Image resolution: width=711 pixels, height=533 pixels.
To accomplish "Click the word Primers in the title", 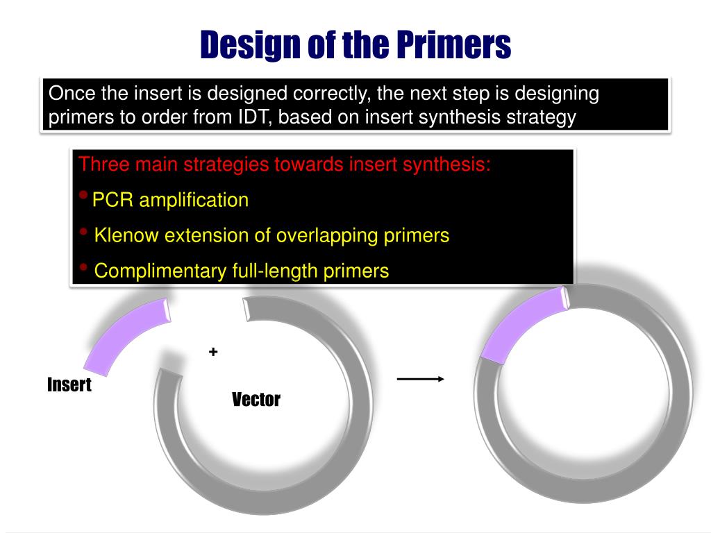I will (454, 44).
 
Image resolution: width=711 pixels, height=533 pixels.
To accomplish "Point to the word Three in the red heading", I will (103, 165).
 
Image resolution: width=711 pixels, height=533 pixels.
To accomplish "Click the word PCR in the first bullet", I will (112, 201).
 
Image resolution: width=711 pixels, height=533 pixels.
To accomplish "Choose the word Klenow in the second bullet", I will (126, 235).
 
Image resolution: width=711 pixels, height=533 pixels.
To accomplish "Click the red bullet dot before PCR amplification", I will (83, 196).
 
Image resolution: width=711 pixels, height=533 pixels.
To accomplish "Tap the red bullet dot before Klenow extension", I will (83, 232).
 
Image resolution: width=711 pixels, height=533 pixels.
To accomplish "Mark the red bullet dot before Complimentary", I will (83, 267).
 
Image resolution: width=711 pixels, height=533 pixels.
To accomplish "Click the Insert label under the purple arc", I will (69, 384).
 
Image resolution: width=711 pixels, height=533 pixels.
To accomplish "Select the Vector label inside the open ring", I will (256, 399).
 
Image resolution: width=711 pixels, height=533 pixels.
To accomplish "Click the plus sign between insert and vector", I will (212, 353).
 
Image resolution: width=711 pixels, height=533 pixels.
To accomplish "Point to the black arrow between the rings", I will (420, 379).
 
